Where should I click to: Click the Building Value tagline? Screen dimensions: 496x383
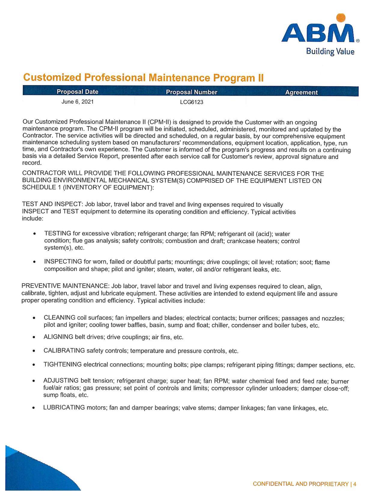pyautogui.click(x=330, y=51)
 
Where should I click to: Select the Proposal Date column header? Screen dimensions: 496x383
pyautogui.click(x=78, y=92)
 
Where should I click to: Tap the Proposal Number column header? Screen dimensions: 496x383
pyautogui.click(x=191, y=92)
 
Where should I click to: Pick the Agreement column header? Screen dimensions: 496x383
pyautogui.click(x=301, y=92)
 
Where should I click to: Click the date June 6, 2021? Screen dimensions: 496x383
pyautogui.click(x=78, y=102)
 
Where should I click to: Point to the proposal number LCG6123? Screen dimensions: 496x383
pyautogui.click(x=191, y=102)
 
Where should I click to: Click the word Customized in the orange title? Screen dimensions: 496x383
pyautogui.click(x=52, y=77)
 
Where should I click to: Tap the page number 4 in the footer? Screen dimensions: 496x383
pyautogui.click(x=354, y=484)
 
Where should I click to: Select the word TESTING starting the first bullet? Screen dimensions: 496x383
pyautogui.click(x=58, y=234)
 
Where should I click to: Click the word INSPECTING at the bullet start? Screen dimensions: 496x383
pyautogui.click(x=63, y=262)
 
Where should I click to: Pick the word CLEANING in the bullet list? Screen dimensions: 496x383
pyautogui.click(x=59, y=318)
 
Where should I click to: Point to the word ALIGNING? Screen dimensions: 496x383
pyautogui.click(x=58, y=337)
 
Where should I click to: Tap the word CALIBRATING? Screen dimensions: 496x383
pyautogui.click(x=64, y=351)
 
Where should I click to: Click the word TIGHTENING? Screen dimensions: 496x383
pyautogui.click(x=62, y=364)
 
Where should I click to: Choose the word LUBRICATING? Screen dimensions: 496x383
pyautogui.click(x=64, y=408)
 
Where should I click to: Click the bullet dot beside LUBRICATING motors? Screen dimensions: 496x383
pyautogui.click(x=34, y=408)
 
